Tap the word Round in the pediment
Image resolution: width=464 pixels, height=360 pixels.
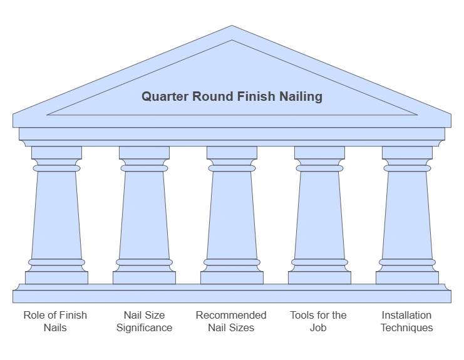[213, 96]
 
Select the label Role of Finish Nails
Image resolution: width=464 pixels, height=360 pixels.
[55, 321]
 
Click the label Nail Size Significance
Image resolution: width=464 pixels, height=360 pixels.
[144, 321]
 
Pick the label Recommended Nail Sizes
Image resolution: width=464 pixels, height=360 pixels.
[231, 321]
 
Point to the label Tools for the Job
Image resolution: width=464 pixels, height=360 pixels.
[318, 321]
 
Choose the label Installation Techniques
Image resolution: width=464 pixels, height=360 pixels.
[406, 321]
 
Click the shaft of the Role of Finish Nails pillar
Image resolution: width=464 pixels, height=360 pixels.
[56, 213]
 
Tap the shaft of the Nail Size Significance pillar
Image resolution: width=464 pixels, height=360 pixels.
[144, 213]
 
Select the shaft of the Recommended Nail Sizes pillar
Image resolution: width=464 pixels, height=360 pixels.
[232, 213]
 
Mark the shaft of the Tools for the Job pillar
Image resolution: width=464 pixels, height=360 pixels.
[319, 213]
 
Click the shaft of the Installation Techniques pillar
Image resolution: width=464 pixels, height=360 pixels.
[407, 213]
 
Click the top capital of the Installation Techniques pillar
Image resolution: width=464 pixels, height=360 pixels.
[407, 153]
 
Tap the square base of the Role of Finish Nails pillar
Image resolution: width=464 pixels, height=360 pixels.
[56, 277]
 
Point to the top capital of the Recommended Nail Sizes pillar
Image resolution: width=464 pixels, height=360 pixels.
[232, 153]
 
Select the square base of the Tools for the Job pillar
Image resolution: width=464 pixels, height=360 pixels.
[319, 277]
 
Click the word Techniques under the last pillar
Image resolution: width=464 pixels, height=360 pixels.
[406, 327]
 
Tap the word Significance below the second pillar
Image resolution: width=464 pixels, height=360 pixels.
[144, 327]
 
